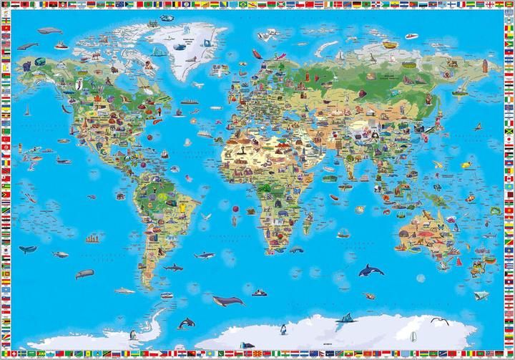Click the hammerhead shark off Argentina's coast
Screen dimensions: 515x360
click(174, 267)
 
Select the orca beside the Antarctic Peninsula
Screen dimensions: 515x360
click(187, 323)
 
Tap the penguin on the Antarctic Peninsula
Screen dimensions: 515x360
click(133, 335)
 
